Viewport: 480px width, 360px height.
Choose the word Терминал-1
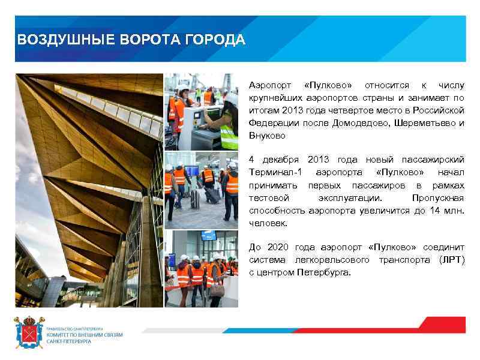tap(275, 173)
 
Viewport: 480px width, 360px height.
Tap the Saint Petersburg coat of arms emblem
tap(29, 332)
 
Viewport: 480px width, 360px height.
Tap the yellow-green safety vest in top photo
tap(229, 136)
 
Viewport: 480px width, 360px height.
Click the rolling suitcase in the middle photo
tap(211, 196)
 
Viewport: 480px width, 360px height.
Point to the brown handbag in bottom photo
tap(217, 290)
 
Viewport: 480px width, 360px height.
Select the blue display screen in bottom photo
tap(209, 235)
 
